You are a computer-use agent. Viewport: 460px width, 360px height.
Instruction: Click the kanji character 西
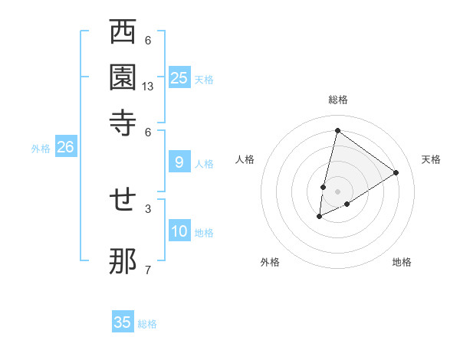[x=123, y=33]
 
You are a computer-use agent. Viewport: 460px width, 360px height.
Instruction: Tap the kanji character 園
[x=123, y=78]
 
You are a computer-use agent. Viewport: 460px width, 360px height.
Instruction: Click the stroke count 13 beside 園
[x=148, y=87]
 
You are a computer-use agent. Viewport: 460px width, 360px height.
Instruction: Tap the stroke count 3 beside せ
[x=148, y=208]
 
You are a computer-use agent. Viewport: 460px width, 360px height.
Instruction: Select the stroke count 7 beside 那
[x=148, y=269]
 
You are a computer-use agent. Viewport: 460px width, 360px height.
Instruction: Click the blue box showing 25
[x=179, y=77]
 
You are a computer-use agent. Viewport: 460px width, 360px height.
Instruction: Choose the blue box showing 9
[x=179, y=162]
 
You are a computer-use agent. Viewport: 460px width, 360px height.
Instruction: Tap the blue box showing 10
[x=179, y=231]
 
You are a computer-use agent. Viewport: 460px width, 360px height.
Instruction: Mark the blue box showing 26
[x=65, y=147]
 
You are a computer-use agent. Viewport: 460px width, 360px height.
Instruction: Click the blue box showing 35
[x=123, y=322]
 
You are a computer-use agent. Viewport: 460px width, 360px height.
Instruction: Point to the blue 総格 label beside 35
[x=147, y=324]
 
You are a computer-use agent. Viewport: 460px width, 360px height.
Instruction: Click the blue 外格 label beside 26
[x=41, y=149]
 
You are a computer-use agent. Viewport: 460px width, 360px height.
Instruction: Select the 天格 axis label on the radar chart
[x=431, y=159]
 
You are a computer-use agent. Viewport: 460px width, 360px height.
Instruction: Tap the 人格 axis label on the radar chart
[x=245, y=159]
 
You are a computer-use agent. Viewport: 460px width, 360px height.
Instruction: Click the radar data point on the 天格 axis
[x=396, y=172]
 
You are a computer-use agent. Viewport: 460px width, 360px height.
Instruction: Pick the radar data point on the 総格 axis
[x=337, y=130]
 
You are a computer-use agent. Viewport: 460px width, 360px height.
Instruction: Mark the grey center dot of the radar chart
[x=337, y=191]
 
